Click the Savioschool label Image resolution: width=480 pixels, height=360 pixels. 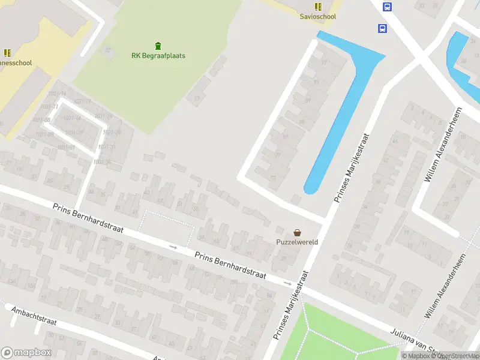tap(318, 17)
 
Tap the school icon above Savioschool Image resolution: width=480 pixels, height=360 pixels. tap(318, 7)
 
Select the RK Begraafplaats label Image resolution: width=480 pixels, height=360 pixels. tap(158, 56)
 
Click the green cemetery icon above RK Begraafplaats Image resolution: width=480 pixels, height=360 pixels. tap(158, 46)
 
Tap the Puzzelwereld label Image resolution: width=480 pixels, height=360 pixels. tap(297, 242)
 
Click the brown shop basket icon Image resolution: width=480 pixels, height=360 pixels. tap(297, 232)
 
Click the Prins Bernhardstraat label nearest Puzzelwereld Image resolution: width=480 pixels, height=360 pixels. tap(230, 265)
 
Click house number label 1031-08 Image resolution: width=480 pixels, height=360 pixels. tap(42, 119)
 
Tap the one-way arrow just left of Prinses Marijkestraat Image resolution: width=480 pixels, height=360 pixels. tap(287, 283)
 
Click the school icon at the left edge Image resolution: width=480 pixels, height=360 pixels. tap(7, 53)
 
